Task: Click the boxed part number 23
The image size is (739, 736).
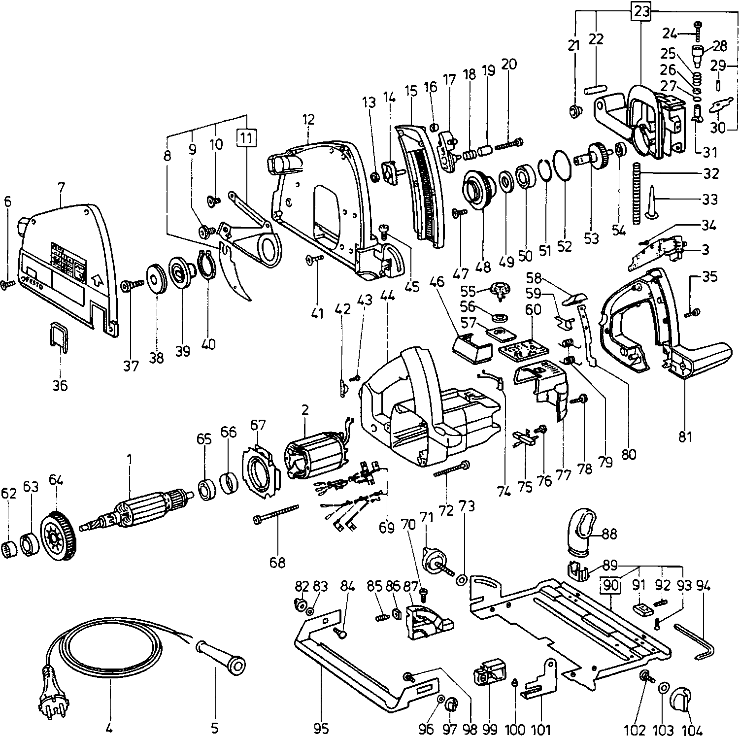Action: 642,11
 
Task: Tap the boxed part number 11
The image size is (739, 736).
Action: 247,137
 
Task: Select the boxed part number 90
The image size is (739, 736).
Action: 610,586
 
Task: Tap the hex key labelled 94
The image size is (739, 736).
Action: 695,642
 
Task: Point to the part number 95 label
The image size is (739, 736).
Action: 320,728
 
